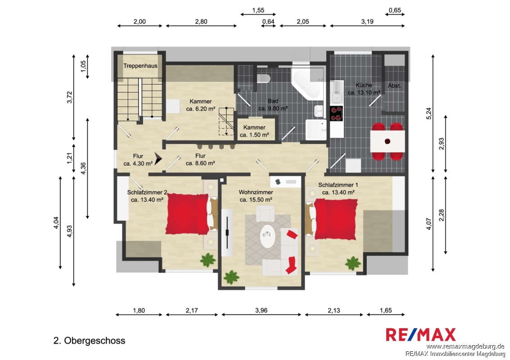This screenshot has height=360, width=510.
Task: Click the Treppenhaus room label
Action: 140,66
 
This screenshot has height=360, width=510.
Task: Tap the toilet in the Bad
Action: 263,78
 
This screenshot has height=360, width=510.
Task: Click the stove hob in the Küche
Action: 336,113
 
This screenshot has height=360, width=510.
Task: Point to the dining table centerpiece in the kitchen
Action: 388,141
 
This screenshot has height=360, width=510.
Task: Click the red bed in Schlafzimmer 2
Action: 187,214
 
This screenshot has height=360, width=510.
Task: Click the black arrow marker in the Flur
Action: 158,159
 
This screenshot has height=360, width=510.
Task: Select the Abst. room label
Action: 394,86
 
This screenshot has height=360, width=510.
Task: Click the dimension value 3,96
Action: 261,310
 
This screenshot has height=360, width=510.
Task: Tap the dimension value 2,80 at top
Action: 201,22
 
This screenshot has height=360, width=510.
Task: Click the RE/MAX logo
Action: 420,335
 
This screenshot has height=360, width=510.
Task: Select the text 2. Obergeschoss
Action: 89,341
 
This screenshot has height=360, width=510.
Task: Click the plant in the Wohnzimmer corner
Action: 231,277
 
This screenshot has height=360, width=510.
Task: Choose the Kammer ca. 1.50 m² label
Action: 254,131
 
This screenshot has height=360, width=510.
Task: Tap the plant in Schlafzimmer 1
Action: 352,263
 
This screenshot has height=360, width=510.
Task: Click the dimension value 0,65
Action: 395,10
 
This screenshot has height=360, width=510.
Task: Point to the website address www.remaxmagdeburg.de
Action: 465,346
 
